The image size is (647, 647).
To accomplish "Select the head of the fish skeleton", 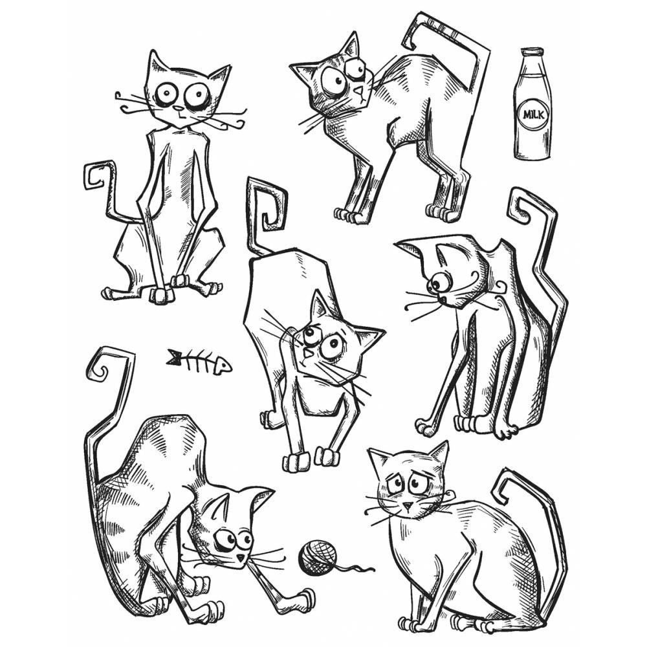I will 222,366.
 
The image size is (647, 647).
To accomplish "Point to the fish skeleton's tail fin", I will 173,356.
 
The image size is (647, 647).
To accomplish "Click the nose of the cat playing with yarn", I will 240,556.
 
